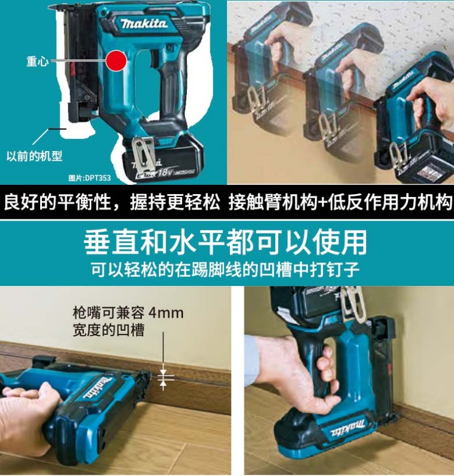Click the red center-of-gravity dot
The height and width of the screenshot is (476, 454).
116,60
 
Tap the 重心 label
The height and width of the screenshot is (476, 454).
37,61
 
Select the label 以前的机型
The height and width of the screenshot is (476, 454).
34,156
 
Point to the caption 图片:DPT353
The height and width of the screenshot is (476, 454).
90,178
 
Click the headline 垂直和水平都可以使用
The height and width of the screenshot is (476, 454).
225,242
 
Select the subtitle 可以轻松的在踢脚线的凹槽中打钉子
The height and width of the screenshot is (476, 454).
226,269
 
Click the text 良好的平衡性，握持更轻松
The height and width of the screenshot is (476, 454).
111,202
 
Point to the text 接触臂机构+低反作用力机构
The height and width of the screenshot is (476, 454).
340,202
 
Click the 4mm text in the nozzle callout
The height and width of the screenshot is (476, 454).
166,313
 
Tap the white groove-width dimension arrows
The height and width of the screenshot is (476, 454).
163,378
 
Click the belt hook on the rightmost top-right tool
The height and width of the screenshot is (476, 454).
399,158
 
